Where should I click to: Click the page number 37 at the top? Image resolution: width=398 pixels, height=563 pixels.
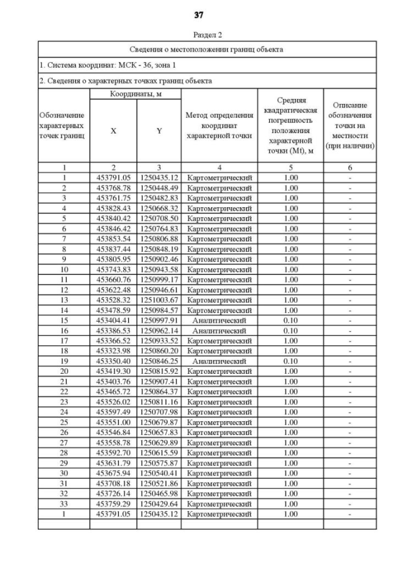pos(198,15)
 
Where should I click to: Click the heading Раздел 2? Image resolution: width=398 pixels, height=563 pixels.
pos(198,36)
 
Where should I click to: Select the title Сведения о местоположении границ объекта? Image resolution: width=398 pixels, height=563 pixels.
pos(206,49)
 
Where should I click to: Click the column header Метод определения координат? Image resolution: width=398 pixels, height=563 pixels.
pos(220,126)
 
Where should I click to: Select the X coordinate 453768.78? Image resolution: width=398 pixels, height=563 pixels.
pos(113,188)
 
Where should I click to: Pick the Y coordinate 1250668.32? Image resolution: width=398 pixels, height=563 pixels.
pos(159,208)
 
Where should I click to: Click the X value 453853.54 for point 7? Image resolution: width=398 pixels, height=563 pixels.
pos(113,238)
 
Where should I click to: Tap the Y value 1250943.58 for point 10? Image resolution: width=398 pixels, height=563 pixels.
pos(159,269)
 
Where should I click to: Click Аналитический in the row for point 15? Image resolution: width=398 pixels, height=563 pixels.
pos(220,320)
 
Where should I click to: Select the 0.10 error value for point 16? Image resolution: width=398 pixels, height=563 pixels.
pos(290,330)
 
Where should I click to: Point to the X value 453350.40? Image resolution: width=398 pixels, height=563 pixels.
pos(113,360)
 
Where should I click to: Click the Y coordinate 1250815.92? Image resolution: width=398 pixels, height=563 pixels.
pos(159,370)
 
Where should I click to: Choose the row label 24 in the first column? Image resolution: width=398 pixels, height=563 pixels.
pos(63,411)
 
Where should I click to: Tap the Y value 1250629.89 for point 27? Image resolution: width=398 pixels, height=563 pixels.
pos(159,442)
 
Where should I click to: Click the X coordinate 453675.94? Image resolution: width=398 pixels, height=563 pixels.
pos(113,472)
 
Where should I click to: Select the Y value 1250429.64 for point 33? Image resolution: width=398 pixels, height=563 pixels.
pos(159,503)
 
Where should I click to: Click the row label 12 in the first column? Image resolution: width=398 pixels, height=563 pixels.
pos(63,289)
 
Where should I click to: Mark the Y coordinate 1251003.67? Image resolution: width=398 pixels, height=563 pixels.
pos(159,299)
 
